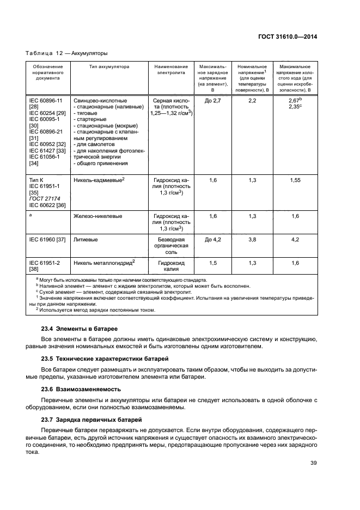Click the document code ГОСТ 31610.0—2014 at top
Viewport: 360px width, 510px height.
(287, 37)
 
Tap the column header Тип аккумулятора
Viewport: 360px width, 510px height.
(109, 66)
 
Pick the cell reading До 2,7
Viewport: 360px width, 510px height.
(213, 101)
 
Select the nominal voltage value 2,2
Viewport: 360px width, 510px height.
(252, 101)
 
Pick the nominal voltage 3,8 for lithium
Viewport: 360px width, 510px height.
(252, 239)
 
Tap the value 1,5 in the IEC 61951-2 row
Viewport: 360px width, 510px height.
(213, 263)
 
